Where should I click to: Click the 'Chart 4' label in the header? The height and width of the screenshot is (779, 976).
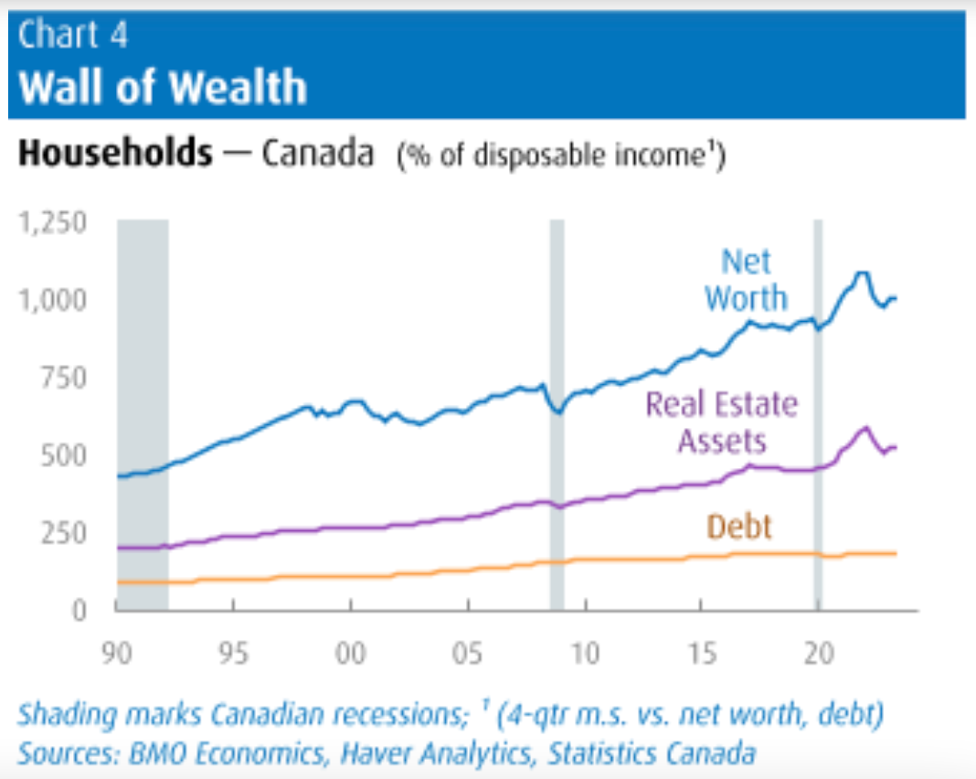(73, 36)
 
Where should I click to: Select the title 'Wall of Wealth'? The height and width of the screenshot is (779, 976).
(163, 87)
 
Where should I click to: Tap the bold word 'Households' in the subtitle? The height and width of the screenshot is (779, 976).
(115, 154)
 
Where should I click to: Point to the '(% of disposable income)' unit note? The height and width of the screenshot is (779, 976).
(560, 155)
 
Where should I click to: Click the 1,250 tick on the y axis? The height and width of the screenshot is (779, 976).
(53, 223)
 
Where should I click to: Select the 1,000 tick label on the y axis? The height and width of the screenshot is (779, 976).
(53, 301)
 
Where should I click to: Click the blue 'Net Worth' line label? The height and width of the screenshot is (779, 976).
(745, 281)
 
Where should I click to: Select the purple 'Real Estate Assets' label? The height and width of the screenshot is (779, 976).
(722, 422)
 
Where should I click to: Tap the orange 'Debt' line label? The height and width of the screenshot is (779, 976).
(738, 527)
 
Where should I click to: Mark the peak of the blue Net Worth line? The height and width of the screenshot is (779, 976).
(861, 272)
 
